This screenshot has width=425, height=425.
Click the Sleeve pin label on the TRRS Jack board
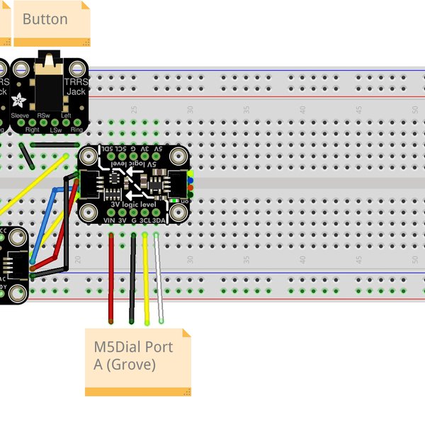[x=20, y=115]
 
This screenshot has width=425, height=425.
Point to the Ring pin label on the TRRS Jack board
[x=76, y=130]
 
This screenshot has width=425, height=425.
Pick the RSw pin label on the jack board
[x=44, y=115]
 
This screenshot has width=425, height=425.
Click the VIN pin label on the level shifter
[x=109, y=220]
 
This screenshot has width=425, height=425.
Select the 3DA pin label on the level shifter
[x=159, y=220]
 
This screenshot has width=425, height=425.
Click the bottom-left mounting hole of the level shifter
[x=89, y=212]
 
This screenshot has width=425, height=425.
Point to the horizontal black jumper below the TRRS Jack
[x=54, y=145]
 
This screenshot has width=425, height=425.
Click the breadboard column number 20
[x=78, y=259]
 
